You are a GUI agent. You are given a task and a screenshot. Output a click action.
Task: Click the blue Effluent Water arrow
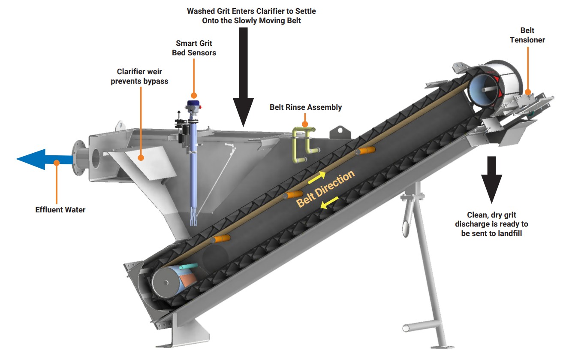pyautogui.click(x=43, y=160)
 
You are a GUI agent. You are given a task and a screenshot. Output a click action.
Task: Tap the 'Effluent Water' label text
pyautogui.click(x=60, y=210)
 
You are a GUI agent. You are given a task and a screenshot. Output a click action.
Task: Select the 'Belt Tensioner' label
pyautogui.click(x=527, y=35)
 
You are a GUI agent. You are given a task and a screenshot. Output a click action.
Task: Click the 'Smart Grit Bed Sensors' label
pyautogui.click(x=194, y=48)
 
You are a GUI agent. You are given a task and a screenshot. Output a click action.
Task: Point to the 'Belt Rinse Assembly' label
pyautogui.click(x=305, y=107)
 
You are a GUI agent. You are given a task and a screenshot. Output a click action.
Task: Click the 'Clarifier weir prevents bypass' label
pyautogui.click(x=139, y=76)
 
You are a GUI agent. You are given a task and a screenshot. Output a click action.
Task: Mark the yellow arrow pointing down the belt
pyautogui.click(x=331, y=203)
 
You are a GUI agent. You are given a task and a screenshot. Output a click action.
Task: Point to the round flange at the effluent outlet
pyautogui.click(x=78, y=158)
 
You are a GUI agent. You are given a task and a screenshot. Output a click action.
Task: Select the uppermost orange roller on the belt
pyautogui.click(x=365, y=150)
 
